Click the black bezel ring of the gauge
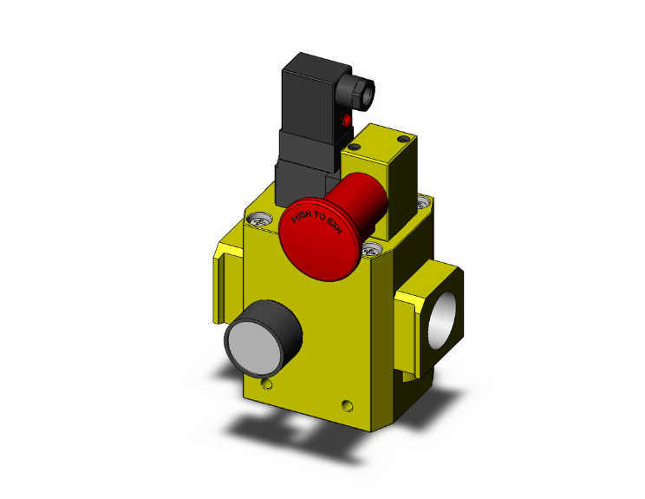point(286,323)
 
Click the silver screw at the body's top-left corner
point(257,220)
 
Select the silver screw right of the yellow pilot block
point(421,203)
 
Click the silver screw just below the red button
point(374,251)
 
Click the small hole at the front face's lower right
point(349,404)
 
